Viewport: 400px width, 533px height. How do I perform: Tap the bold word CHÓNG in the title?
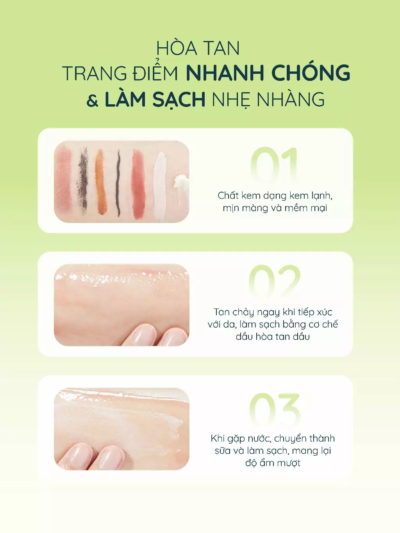click(311, 73)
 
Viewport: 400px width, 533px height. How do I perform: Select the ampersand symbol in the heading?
click(93, 101)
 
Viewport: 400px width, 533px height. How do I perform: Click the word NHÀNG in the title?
click(291, 100)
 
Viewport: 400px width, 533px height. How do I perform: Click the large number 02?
click(274, 281)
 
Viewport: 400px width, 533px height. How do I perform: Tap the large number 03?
click(274, 409)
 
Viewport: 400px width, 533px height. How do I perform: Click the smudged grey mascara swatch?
click(83, 182)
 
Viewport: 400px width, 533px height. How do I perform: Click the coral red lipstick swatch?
click(138, 184)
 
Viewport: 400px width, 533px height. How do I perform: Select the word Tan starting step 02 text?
click(221, 312)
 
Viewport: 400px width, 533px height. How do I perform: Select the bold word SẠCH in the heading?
click(179, 100)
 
